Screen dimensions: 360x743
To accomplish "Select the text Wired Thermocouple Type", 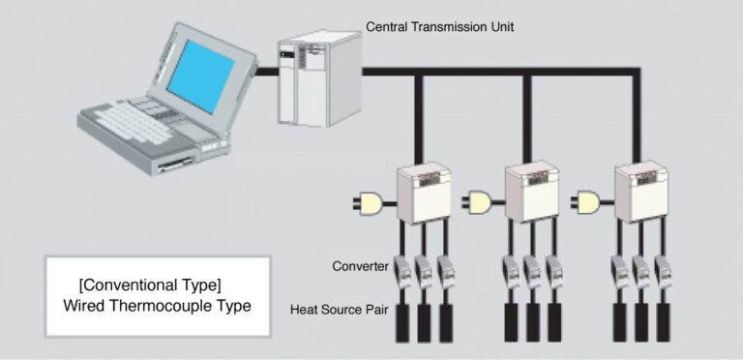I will [x=157, y=307].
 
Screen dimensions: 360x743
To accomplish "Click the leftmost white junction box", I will [x=423, y=197].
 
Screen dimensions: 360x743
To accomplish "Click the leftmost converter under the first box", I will [x=402, y=270].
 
